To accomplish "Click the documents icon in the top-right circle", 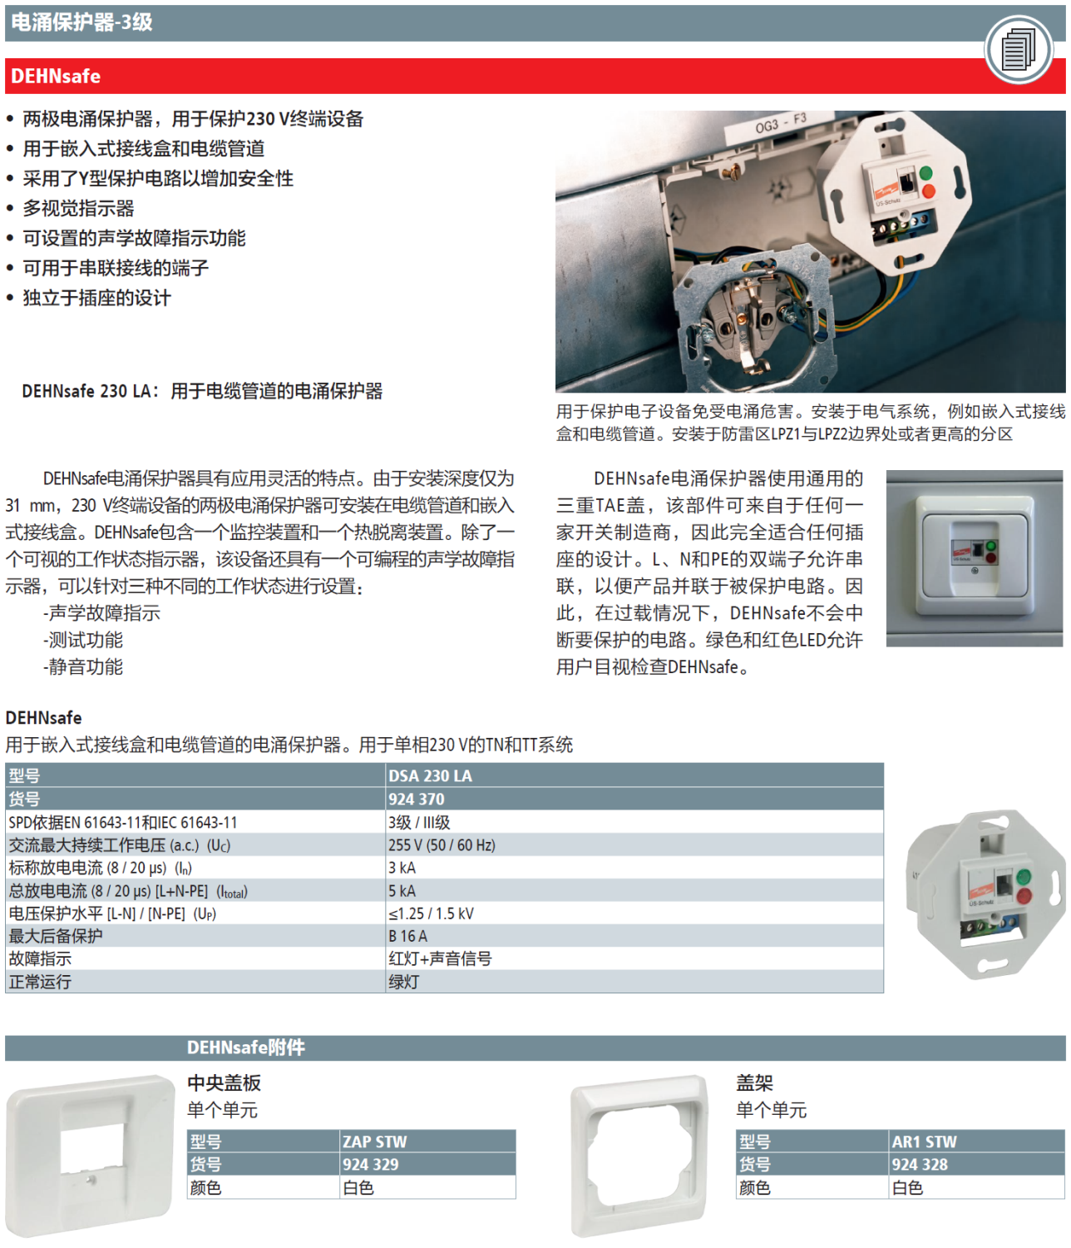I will pyautogui.click(x=1018, y=50).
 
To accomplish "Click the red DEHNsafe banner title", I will pyautogui.click(x=56, y=77).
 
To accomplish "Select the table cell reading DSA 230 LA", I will pyautogui.click(x=430, y=776).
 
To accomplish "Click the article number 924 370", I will pyautogui.click(x=417, y=800).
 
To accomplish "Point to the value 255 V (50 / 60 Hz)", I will pyautogui.click(x=442, y=845).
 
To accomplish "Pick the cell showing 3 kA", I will pyautogui.click(x=402, y=868).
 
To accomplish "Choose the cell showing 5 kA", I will pyautogui.click(x=402, y=891).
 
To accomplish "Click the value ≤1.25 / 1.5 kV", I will pyautogui.click(x=431, y=914).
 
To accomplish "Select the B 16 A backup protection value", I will pyautogui.click(x=407, y=936).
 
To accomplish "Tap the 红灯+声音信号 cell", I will pyautogui.click(x=440, y=959).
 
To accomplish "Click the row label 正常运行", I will pyautogui.click(x=40, y=982).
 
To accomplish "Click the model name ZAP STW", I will pyautogui.click(x=375, y=1142).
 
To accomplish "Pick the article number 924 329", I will pyautogui.click(x=371, y=1165).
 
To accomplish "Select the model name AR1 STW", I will pyautogui.click(x=924, y=1142).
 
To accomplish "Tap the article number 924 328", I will pyautogui.click(x=920, y=1165).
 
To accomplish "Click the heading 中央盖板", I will pyautogui.click(x=224, y=1083).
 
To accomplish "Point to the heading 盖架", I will pyautogui.click(x=754, y=1083).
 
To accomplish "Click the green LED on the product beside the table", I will pyautogui.click(x=1024, y=876).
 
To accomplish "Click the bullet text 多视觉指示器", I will pyautogui.click(x=78, y=209).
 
